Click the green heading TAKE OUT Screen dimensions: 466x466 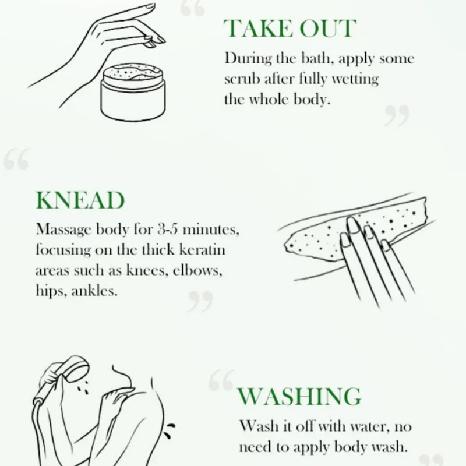[290, 29]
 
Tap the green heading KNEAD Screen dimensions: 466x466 [80, 200]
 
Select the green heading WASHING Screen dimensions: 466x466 [299, 396]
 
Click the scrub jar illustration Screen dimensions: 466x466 [133, 92]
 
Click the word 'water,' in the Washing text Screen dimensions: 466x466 [370, 427]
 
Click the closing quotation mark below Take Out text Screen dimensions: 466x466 [397, 115]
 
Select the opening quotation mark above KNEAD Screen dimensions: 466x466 [17, 159]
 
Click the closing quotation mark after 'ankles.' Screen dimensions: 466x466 [200, 301]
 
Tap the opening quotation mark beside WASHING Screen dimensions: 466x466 [221, 380]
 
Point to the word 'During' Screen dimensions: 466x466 [248, 58]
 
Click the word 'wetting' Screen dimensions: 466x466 [355, 80]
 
